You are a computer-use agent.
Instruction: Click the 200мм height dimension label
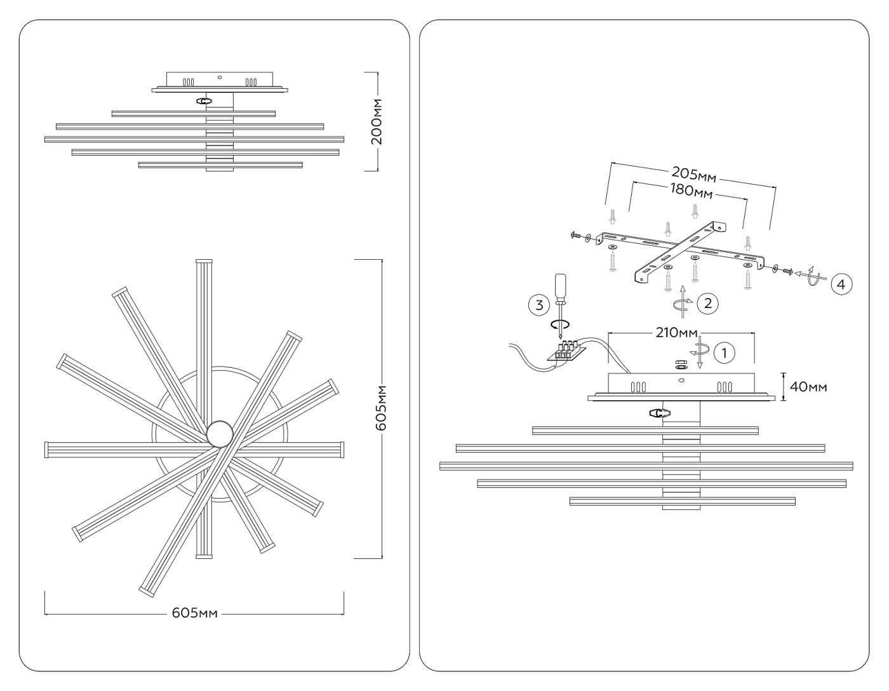(378, 121)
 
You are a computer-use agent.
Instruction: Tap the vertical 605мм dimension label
(381, 408)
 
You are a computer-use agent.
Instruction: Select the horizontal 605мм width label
(194, 613)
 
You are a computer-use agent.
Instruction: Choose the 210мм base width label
(676, 333)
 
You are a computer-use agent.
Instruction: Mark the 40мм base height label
(808, 386)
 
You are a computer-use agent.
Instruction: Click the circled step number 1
(725, 352)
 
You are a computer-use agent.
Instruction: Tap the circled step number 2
(707, 303)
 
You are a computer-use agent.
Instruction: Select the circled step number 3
(539, 305)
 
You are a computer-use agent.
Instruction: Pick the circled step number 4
(841, 284)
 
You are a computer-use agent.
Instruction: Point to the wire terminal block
(565, 351)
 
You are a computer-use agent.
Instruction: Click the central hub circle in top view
(220, 434)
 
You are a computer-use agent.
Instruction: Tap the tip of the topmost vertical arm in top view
(203, 261)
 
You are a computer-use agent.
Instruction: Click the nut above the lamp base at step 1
(680, 365)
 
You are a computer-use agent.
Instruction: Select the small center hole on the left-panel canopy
(219, 78)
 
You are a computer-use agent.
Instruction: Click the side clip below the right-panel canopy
(659, 413)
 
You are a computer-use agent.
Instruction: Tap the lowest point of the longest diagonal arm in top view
(147, 593)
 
